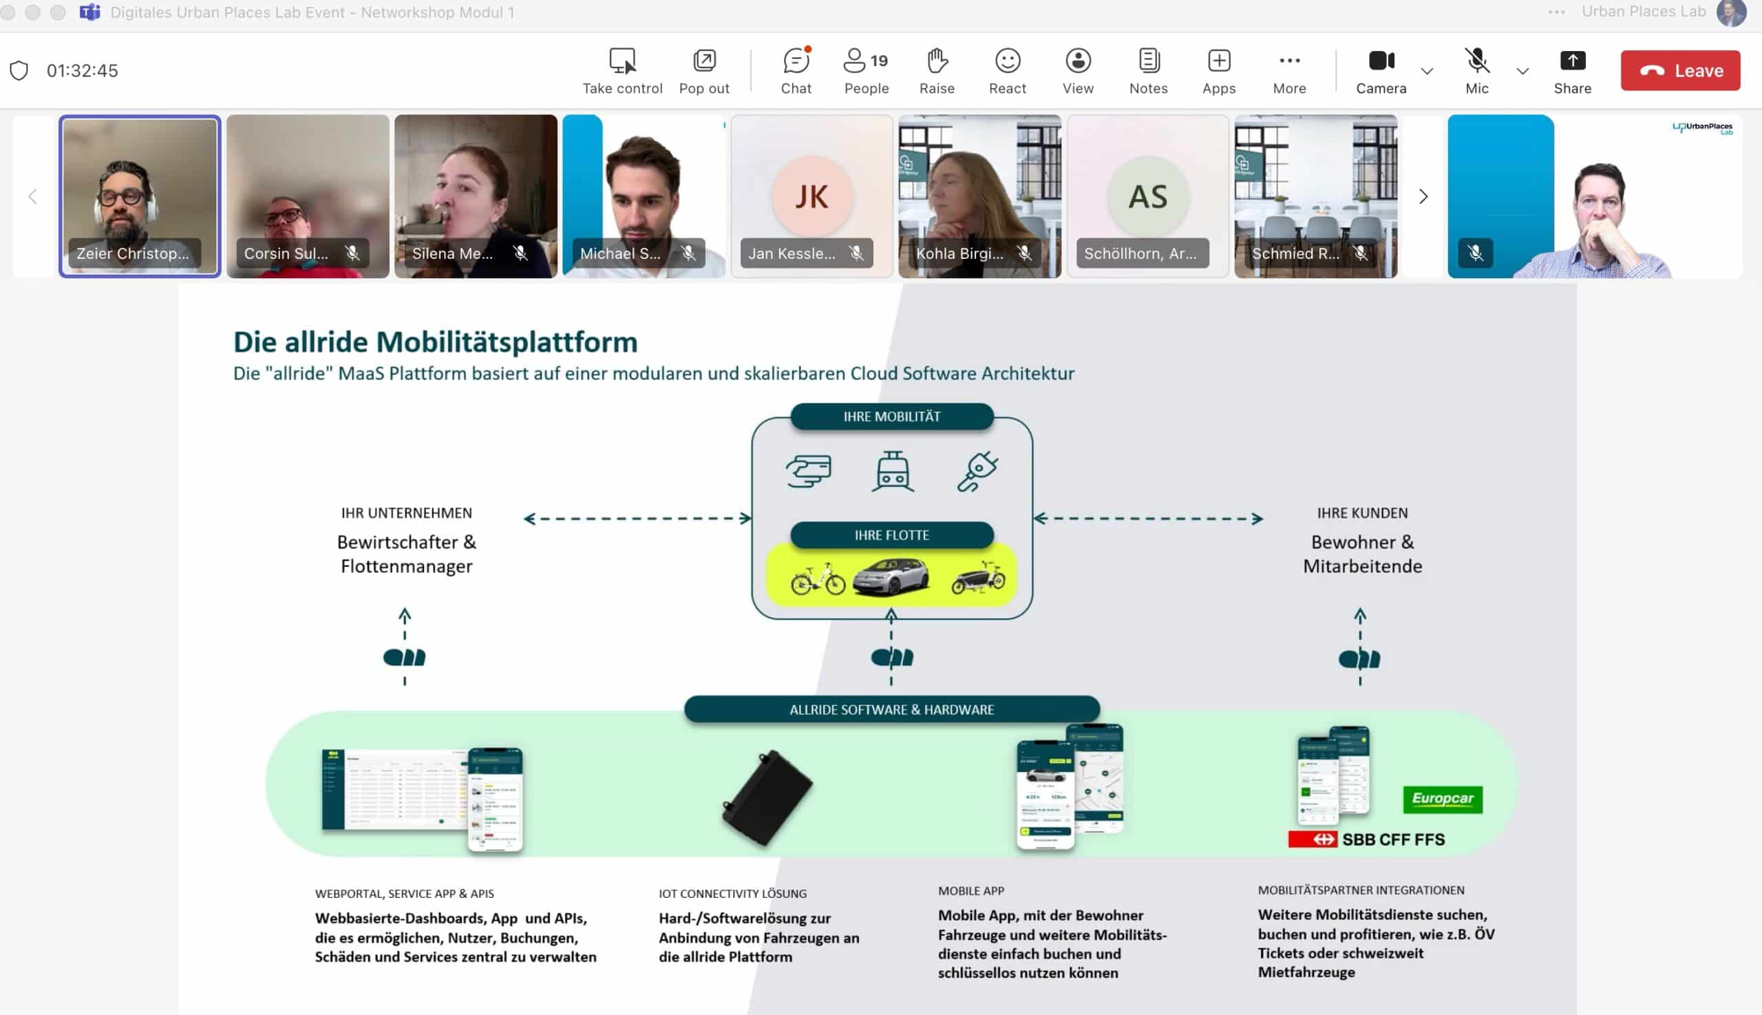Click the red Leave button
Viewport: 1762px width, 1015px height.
1680,70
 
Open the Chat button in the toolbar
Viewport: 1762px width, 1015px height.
796,70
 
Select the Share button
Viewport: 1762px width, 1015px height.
1572,70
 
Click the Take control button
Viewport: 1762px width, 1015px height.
622,70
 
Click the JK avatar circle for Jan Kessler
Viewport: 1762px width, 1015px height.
811,196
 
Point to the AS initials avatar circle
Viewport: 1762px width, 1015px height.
1147,196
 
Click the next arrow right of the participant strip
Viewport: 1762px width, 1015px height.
1423,196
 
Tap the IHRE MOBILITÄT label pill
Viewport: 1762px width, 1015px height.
892,416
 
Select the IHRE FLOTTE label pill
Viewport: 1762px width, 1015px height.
892,534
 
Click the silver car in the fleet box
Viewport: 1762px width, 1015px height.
891,577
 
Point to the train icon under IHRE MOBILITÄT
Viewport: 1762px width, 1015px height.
893,471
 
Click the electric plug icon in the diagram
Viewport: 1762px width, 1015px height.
977,471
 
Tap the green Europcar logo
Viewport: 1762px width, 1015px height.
1442,799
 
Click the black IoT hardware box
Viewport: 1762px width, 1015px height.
767,797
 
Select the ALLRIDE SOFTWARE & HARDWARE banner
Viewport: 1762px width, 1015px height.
892,710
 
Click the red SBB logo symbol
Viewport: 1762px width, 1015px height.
1312,839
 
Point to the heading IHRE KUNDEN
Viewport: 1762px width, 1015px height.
1362,513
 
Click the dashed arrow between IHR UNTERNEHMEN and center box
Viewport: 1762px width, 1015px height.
637,518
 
